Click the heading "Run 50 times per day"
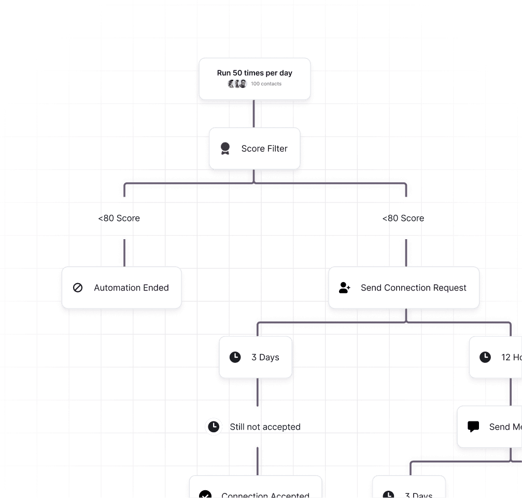pos(255,73)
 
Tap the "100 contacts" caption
pos(266,84)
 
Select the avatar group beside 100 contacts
pos(237,84)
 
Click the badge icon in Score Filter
pos(225,149)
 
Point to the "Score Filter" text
pos(264,149)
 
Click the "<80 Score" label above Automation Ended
pos(119,218)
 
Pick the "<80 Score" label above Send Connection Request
pos(403,218)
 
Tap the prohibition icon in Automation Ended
pos(78,288)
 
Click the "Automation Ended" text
pos(131,288)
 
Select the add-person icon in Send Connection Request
pos(345,288)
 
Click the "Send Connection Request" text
pos(413,288)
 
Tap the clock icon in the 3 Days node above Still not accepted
pos(235,357)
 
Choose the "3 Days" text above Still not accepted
pos(265,357)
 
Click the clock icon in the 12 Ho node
pos(485,357)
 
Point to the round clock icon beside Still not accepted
pos(214,427)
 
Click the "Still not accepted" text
pos(265,427)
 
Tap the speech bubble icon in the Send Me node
pos(473,427)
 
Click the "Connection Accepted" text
pos(265,494)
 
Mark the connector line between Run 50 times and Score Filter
pos(254,114)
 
